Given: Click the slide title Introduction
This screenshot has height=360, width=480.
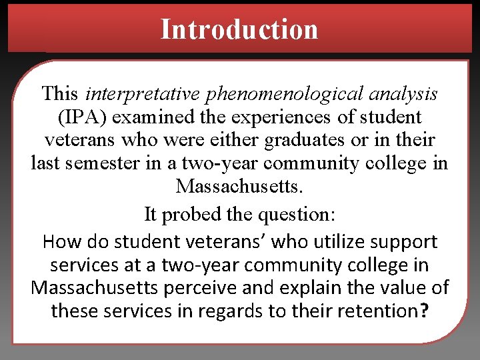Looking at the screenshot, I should click(239, 29).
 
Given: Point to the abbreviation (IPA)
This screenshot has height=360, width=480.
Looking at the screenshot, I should click(83, 117).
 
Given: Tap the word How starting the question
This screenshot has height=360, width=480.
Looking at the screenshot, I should click(59, 241).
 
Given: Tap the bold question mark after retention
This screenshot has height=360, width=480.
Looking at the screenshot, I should click(425, 311).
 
